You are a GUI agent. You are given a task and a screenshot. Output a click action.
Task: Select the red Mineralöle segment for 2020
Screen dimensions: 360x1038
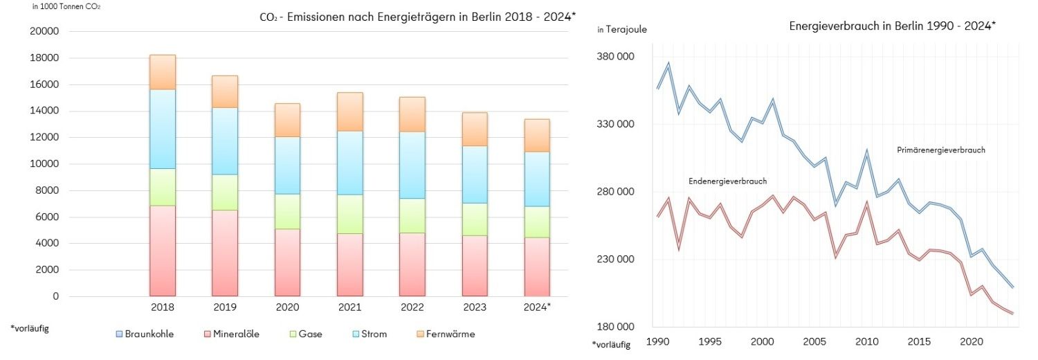[x=287, y=262]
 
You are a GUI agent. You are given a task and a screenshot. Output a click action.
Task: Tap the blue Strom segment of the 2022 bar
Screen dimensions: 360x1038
[x=412, y=165]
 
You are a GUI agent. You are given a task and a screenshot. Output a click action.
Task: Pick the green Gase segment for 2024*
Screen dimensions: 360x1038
[x=536, y=222]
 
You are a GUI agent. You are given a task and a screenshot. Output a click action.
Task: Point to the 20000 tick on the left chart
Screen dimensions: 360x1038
[x=44, y=32]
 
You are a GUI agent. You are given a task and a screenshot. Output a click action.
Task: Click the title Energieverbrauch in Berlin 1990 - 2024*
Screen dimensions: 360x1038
[x=892, y=26]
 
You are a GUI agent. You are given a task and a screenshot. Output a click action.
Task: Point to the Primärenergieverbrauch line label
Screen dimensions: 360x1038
[x=940, y=150]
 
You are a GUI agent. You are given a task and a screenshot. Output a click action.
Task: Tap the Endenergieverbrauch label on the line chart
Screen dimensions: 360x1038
[x=727, y=181]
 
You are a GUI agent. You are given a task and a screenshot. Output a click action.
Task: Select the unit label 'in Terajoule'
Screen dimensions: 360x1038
[x=622, y=29]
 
